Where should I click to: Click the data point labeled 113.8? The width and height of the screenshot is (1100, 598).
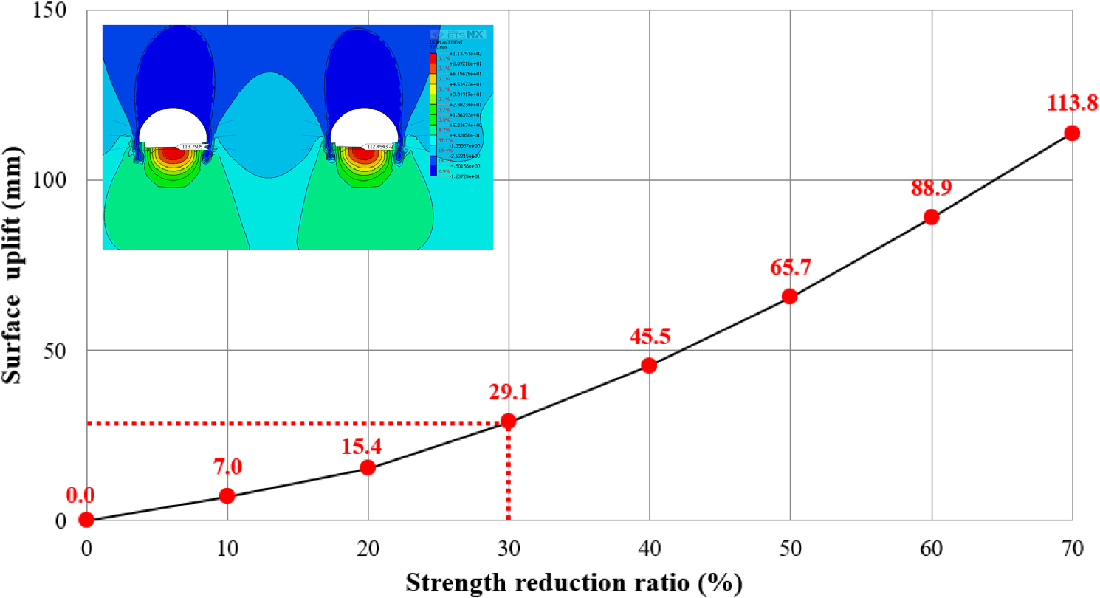[1072, 133]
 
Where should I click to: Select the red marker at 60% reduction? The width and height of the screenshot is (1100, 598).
[931, 217]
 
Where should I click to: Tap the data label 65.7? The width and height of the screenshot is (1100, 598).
[790, 267]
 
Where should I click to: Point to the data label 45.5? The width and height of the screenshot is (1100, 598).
[650, 337]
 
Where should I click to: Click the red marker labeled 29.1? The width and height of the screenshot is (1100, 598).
[508, 421]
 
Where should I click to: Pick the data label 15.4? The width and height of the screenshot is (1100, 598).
[368, 446]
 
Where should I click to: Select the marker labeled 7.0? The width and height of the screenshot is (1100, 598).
[227, 495]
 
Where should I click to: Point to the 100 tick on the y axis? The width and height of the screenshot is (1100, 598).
[51, 181]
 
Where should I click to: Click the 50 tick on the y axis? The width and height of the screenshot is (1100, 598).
[57, 350]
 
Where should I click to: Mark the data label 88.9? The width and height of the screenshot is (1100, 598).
[931, 188]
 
